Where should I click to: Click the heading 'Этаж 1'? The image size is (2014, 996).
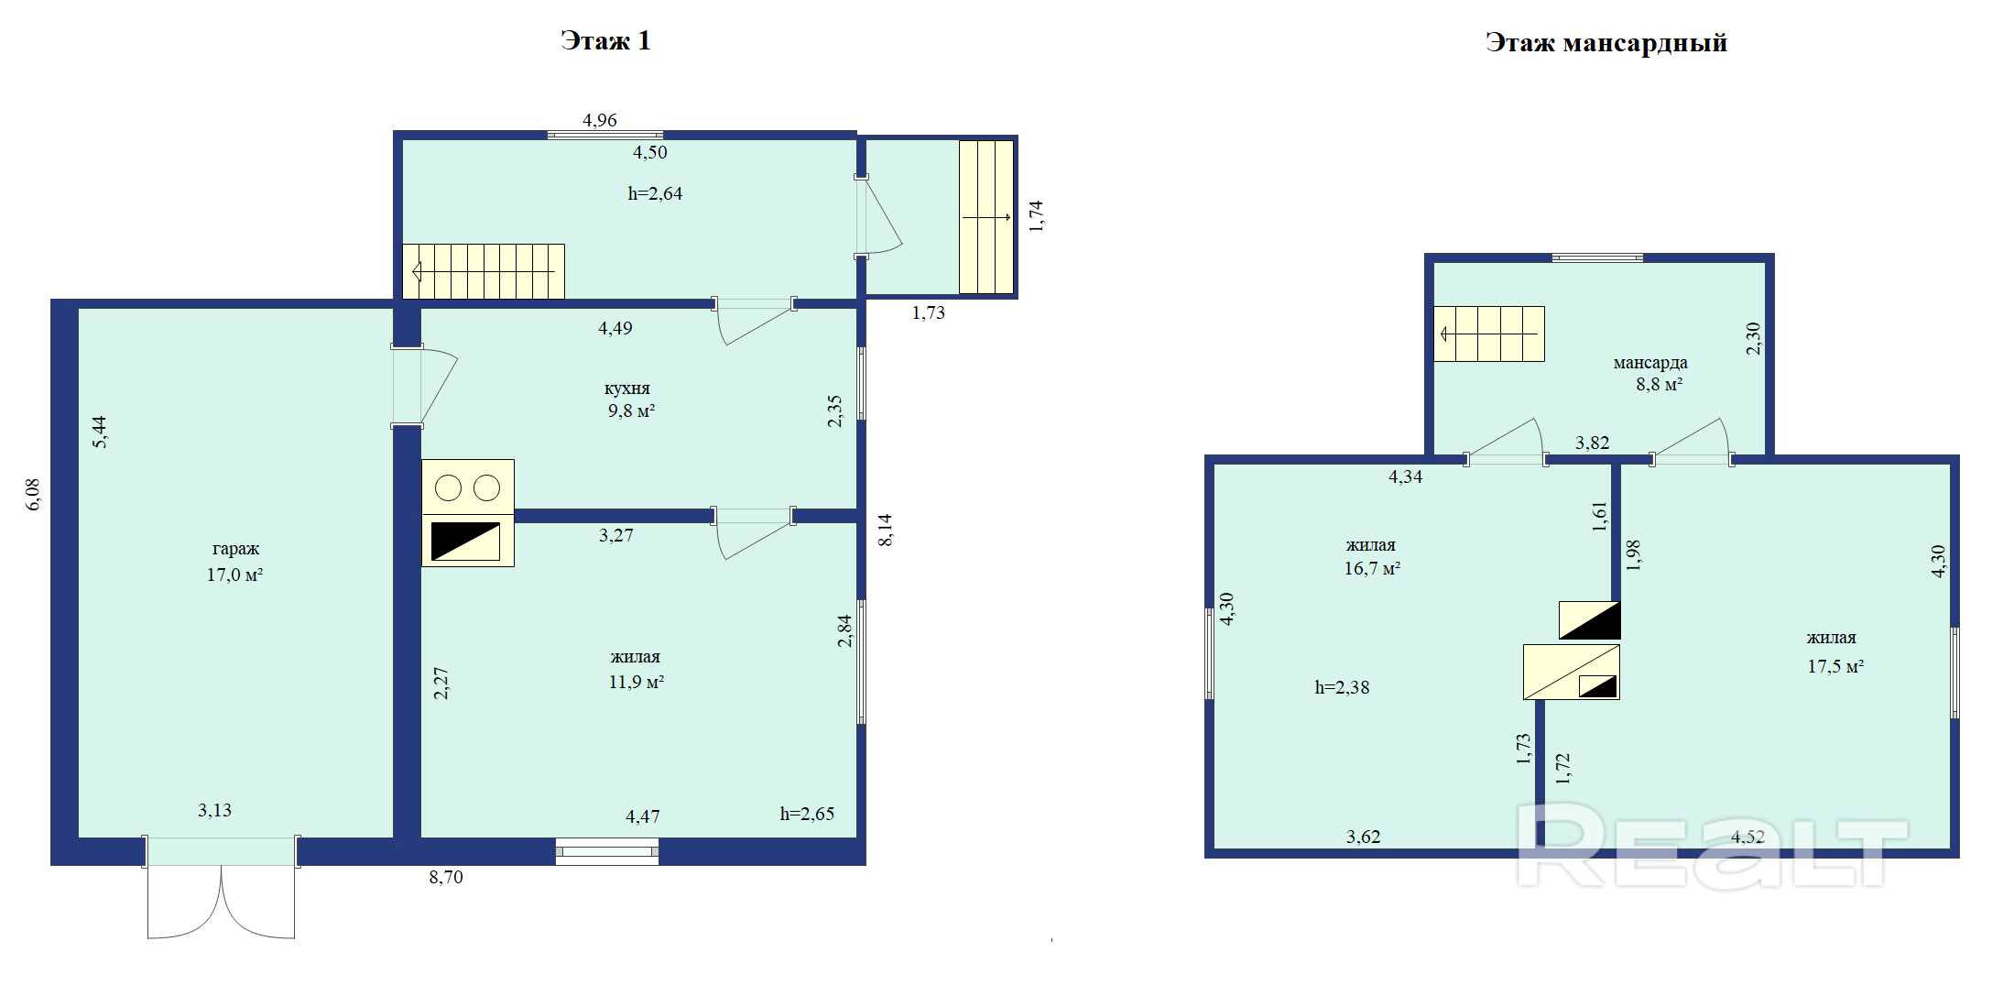(605, 41)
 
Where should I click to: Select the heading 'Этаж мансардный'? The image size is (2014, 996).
(1606, 43)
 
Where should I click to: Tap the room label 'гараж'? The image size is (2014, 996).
(235, 549)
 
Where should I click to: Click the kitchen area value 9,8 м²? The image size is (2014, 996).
(631, 411)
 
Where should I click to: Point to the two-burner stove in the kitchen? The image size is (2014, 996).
(468, 487)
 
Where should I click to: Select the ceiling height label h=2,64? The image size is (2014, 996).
(655, 193)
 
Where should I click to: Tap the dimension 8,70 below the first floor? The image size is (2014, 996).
(446, 877)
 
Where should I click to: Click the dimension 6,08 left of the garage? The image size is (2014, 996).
(33, 494)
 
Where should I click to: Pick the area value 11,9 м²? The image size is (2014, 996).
(637, 683)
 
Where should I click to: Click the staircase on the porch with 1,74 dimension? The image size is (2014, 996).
(986, 217)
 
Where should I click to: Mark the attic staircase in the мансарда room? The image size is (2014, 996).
(1489, 334)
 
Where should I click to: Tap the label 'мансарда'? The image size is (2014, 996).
(1650, 363)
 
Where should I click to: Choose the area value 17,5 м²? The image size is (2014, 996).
(1835, 667)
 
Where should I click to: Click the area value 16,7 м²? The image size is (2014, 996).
(1372, 569)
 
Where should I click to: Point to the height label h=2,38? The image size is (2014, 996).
(1342, 687)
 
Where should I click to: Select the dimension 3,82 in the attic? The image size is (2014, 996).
(1592, 443)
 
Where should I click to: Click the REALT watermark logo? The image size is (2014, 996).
(1712, 845)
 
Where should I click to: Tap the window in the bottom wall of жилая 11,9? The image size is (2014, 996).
(607, 851)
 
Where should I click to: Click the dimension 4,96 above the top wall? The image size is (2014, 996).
(600, 120)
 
